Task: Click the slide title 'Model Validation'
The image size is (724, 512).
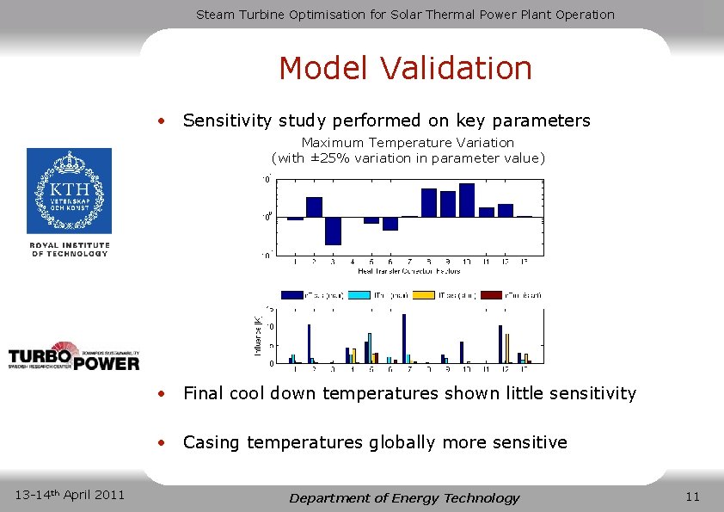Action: click(x=405, y=68)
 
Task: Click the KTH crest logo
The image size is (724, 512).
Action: click(x=69, y=190)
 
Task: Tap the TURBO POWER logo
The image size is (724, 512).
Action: click(x=73, y=357)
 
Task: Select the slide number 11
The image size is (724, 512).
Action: click(x=693, y=496)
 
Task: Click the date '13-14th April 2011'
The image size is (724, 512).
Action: click(x=71, y=494)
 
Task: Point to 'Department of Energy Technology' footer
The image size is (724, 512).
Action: click(x=404, y=497)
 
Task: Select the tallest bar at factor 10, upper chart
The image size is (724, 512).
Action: click(x=467, y=200)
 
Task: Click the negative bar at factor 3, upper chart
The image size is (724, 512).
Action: click(x=333, y=231)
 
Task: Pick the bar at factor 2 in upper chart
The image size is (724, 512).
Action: click(x=314, y=207)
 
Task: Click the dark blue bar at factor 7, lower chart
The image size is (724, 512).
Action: click(x=403, y=338)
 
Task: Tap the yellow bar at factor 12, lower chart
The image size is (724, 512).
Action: click(x=507, y=348)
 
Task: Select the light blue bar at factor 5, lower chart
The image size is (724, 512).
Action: click(x=370, y=348)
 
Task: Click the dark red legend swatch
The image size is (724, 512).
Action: click(x=491, y=295)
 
